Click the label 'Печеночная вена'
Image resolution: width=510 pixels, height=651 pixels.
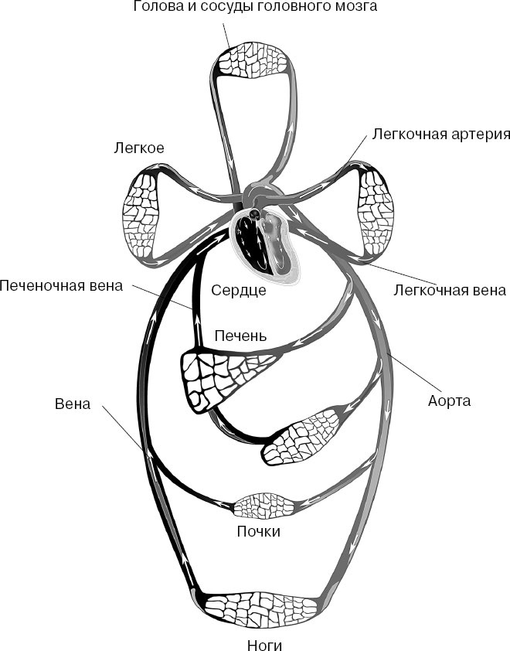tap(61, 285)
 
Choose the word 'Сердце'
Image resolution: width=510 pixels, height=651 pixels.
tap(239, 291)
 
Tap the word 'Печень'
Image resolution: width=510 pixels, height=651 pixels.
tap(240, 336)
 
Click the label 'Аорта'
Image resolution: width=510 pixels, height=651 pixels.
tap(449, 401)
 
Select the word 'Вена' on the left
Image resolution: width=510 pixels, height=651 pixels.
tap(73, 404)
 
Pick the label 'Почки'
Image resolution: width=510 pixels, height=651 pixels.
tap(258, 532)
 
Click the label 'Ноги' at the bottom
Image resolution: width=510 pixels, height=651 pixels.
tap(257, 640)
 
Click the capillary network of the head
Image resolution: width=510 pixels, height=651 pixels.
tap(254, 60)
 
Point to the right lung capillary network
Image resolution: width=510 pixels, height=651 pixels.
tap(374, 207)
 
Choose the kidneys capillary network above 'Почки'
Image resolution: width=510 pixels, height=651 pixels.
tap(263, 506)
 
